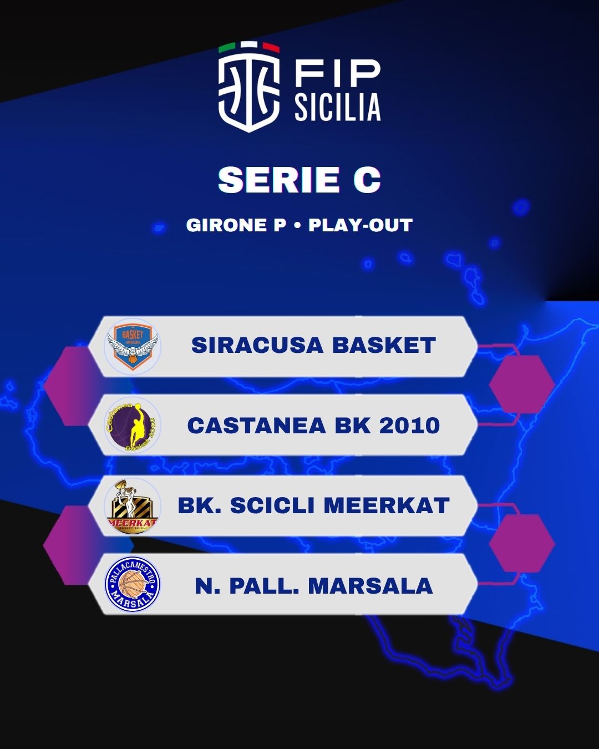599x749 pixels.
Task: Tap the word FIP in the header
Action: [x=337, y=74]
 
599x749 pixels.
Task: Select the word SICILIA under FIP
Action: [x=338, y=107]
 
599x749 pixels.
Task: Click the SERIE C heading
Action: [x=299, y=180]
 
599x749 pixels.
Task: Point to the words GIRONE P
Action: [x=236, y=225]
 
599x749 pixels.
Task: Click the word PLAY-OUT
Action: [x=361, y=225]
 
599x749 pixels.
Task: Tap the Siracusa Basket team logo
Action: [x=133, y=347]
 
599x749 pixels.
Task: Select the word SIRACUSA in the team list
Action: [x=257, y=345]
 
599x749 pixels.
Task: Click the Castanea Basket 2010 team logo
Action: [x=133, y=426]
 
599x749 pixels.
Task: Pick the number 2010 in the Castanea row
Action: [x=410, y=426]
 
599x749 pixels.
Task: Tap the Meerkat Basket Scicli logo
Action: [x=133, y=506]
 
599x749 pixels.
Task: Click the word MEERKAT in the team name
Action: [x=387, y=505]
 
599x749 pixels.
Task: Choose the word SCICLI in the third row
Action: [x=272, y=505]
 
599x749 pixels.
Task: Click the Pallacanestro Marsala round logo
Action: [x=133, y=585]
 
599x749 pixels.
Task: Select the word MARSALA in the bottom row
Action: [x=370, y=586]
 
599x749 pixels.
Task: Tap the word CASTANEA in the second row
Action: [x=256, y=426]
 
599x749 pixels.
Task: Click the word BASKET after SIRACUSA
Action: [x=384, y=345]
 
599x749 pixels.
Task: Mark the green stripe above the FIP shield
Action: [x=227, y=48]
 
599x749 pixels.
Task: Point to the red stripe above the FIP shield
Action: [x=271, y=48]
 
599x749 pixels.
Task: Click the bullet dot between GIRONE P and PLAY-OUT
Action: [x=297, y=225]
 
